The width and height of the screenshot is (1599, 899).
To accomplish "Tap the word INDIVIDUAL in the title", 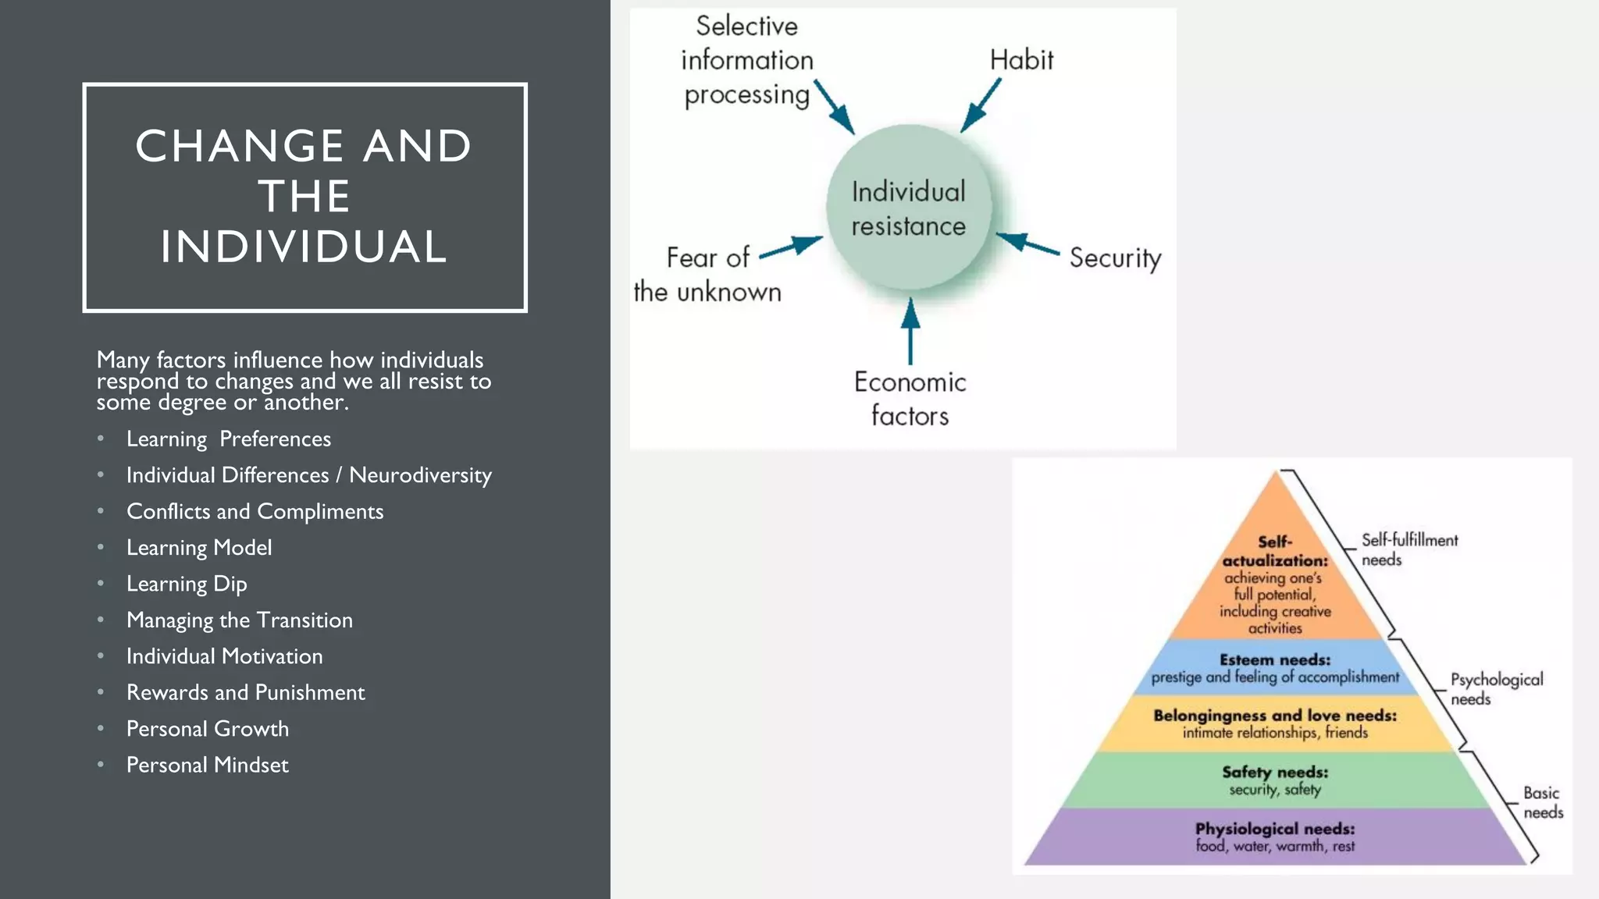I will click(304, 247).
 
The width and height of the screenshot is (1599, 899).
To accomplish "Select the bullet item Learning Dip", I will click(187, 584).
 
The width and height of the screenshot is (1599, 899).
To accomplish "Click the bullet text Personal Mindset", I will click(207, 765).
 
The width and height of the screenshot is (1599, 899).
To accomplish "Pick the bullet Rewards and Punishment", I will click(245, 692).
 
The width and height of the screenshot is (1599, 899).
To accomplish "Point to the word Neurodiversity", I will click(420, 475).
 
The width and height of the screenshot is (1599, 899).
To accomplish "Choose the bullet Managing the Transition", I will click(239, 620).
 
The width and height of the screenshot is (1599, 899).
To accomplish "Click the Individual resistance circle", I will click(909, 208).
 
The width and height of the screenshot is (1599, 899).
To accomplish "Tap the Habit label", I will click(1021, 60).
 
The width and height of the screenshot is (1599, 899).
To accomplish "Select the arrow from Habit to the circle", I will click(981, 105).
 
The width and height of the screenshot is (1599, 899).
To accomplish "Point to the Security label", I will click(1115, 258).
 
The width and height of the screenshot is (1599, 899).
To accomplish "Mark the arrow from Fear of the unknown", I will click(791, 247).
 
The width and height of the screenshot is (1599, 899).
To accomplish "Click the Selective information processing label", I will click(746, 60).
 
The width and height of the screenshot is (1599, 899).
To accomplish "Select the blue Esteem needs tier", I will click(1276, 668).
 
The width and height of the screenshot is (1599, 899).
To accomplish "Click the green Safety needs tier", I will click(1276, 780).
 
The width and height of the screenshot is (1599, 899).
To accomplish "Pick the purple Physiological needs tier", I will click(1276, 837).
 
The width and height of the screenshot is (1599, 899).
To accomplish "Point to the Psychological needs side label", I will click(1496, 689).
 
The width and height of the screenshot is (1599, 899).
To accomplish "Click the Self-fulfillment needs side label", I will click(1408, 549).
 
